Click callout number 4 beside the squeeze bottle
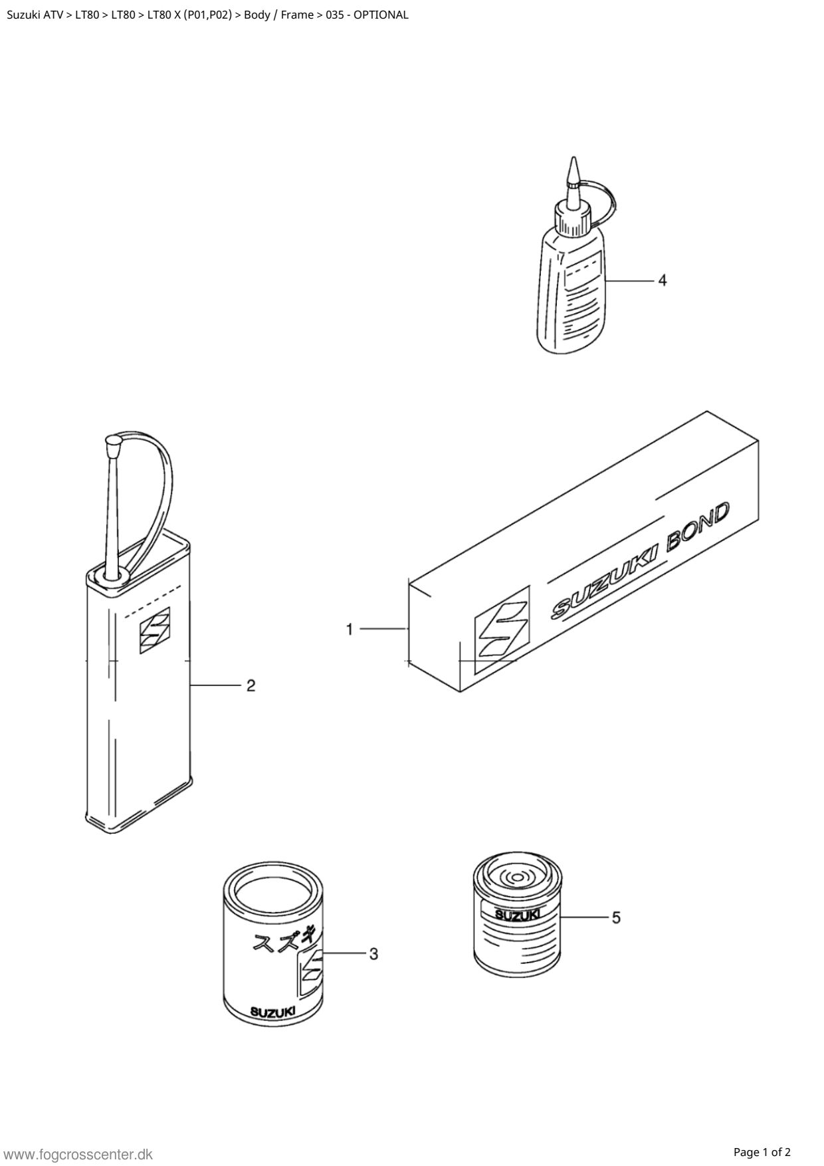tap(662, 281)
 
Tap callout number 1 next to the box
tap(350, 628)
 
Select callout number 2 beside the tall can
tap(251, 685)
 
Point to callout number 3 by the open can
tap(373, 954)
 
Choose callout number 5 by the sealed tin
tap(616, 917)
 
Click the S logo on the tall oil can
tap(154, 630)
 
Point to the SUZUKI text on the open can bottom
tap(272, 1012)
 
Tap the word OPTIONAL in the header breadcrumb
tap(381, 15)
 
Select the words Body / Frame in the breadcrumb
tap(278, 15)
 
